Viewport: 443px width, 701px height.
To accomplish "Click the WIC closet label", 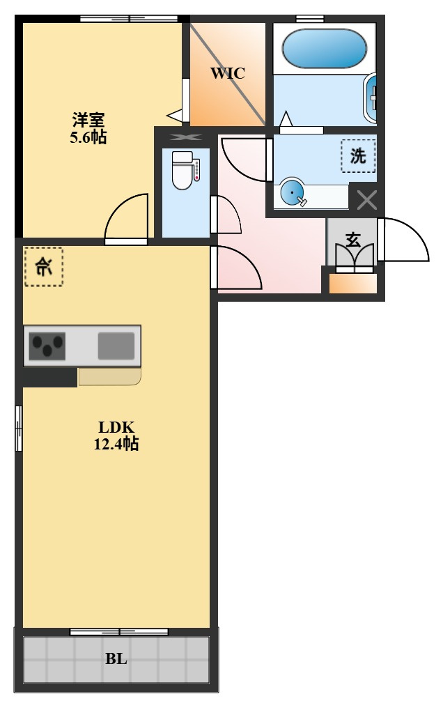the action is (228, 73).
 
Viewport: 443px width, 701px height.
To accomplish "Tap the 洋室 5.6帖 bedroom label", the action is (88, 128).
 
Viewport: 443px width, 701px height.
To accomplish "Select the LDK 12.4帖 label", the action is (116, 436).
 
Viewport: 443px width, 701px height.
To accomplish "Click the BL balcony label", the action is (116, 659).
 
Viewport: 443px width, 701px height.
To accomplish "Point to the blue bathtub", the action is (325, 49).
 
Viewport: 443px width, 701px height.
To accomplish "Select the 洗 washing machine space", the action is (358, 156).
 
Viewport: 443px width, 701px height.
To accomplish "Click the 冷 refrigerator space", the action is (43, 267).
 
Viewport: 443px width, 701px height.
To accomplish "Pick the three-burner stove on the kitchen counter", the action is (47, 346).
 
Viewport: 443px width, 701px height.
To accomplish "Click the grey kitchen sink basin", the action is (116, 346).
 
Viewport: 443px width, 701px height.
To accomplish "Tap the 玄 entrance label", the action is (353, 240).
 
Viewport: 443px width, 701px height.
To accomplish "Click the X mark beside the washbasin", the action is (367, 200).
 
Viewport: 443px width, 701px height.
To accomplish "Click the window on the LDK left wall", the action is (19, 428).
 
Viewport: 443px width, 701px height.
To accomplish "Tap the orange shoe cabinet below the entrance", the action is (353, 284).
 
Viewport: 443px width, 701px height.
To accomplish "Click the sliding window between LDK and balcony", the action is (119, 632).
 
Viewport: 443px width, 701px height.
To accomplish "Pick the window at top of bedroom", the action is (129, 19).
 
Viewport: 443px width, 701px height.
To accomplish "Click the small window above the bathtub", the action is (310, 19).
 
